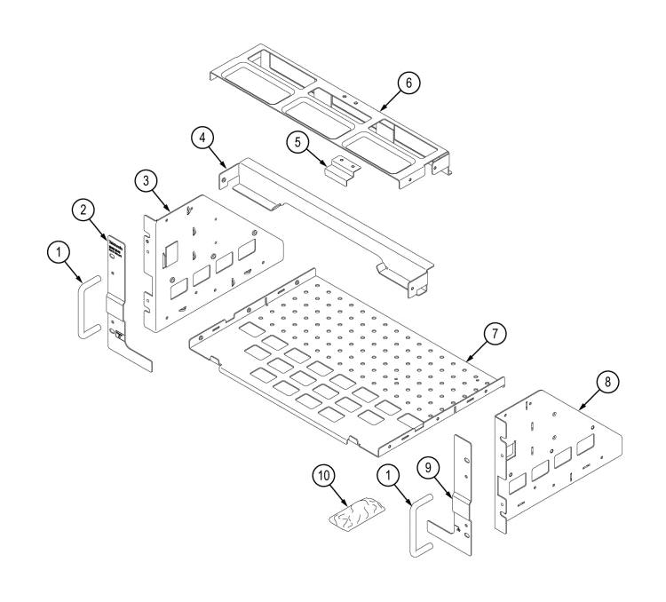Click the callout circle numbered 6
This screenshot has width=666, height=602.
pos(408,83)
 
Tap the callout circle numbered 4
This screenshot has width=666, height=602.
pos(204,138)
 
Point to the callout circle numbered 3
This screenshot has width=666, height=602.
pos(147,180)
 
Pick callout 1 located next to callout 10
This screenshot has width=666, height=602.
pos(388,477)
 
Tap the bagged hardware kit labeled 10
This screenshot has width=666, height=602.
pos(354,514)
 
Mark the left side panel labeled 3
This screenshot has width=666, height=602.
pos(204,266)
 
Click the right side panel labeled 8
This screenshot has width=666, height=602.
pos(551,462)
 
